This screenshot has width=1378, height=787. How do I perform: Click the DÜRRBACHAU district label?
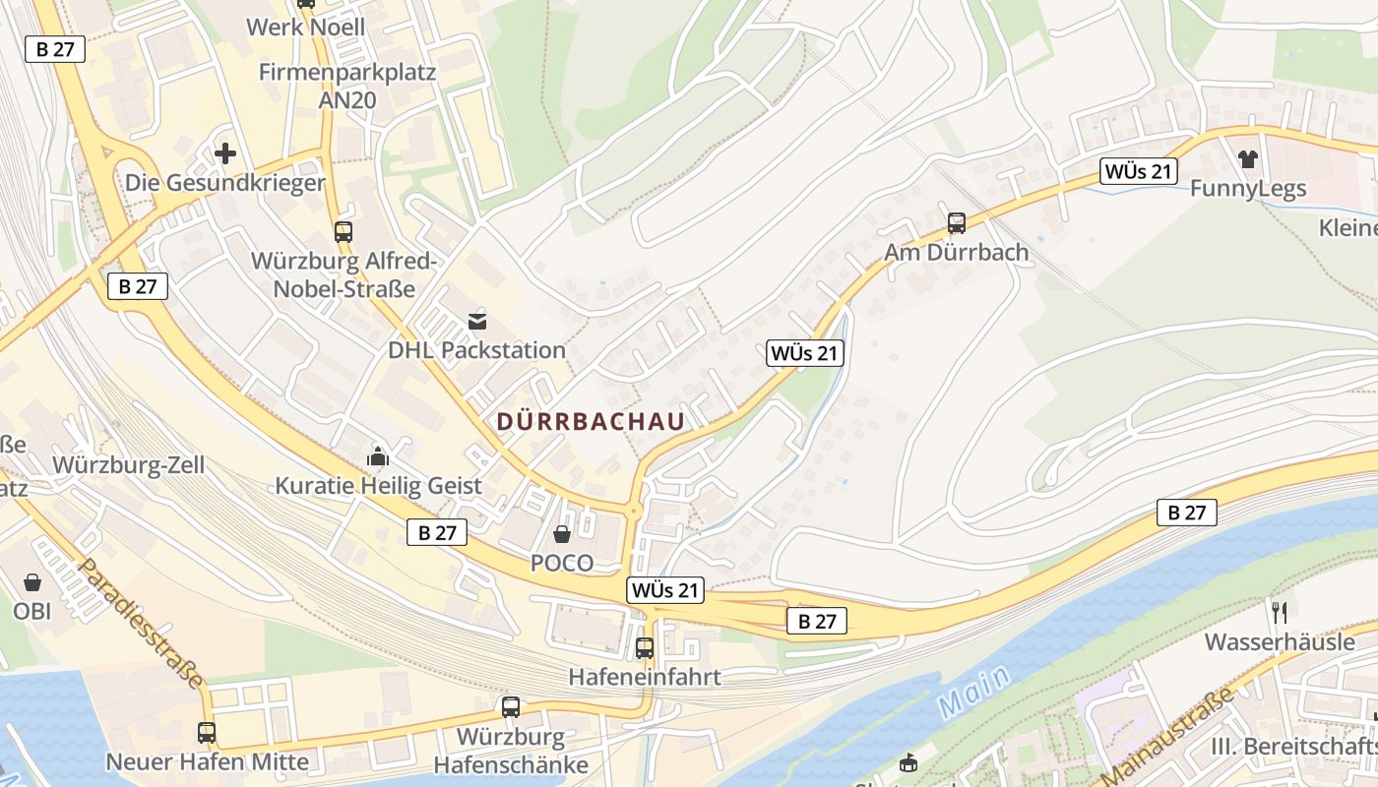coord(590,422)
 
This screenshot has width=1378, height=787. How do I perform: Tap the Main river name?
coord(973,692)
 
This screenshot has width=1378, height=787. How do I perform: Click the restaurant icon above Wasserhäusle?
coord(1280,612)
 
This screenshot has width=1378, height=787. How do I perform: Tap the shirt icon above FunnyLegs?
coord(1248,158)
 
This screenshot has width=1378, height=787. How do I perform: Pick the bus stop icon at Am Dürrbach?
coord(956,222)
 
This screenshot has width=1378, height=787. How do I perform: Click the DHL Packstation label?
coord(476,350)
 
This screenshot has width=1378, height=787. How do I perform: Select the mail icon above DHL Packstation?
coord(477,321)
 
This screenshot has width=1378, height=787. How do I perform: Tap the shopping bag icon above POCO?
coord(562,534)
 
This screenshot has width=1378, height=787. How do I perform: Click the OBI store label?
coord(31,610)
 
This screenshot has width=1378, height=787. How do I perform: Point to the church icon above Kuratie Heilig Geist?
coord(378,455)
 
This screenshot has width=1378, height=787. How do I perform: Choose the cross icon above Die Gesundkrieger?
coord(225,153)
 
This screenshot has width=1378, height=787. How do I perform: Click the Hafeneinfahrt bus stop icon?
coord(645,648)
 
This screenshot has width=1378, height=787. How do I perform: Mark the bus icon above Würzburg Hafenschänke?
coord(511,706)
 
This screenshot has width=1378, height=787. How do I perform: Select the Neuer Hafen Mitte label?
coord(207,761)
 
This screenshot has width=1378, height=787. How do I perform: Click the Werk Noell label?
coord(305,27)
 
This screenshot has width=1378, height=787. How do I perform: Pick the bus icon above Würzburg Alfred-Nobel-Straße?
coord(343,232)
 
